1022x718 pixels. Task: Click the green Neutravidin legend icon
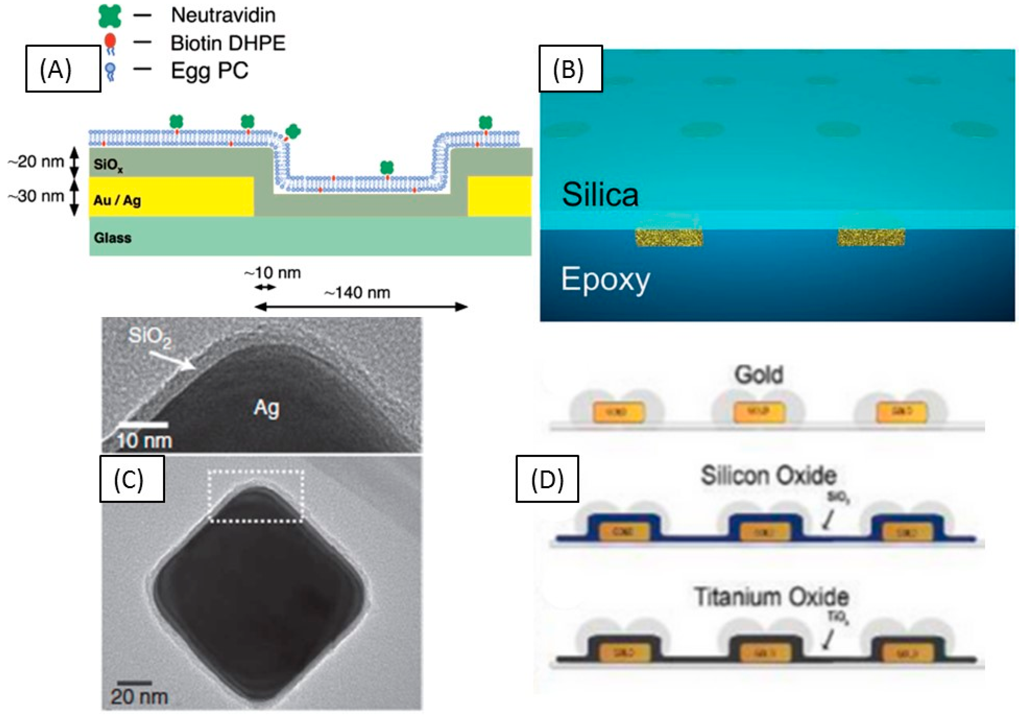(110, 16)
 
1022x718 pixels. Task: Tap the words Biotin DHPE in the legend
(228, 43)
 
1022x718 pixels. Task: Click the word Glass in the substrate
(113, 238)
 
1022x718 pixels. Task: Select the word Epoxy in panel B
(605, 280)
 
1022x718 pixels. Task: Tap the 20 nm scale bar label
(139, 696)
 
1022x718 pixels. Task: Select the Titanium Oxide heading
(771, 597)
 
